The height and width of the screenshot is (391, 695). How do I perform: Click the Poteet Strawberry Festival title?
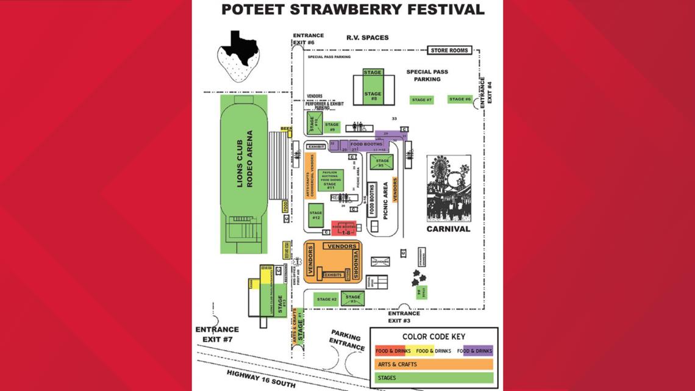[352, 9]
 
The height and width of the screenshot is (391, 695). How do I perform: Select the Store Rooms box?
[449, 50]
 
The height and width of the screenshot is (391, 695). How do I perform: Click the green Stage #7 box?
[421, 100]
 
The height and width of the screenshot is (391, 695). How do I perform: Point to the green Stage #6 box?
[460, 99]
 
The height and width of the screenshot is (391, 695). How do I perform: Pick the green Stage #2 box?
[326, 299]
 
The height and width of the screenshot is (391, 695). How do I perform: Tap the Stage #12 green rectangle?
[316, 215]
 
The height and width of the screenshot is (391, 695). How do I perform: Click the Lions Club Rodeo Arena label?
[244, 159]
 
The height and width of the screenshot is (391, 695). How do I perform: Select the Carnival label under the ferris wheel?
[448, 229]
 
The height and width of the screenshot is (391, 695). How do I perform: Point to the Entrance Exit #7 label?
[217, 334]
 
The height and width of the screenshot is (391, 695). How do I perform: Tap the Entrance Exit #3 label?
[404, 317]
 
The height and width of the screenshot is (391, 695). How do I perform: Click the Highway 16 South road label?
[262, 379]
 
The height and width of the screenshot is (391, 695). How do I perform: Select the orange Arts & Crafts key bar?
[433, 364]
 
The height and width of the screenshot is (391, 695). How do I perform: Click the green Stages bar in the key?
[433, 378]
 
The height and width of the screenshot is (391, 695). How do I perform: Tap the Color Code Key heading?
[433, 336]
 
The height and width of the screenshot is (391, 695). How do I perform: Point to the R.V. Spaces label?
[367, 38]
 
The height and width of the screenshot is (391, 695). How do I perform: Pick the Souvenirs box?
[380, 262]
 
